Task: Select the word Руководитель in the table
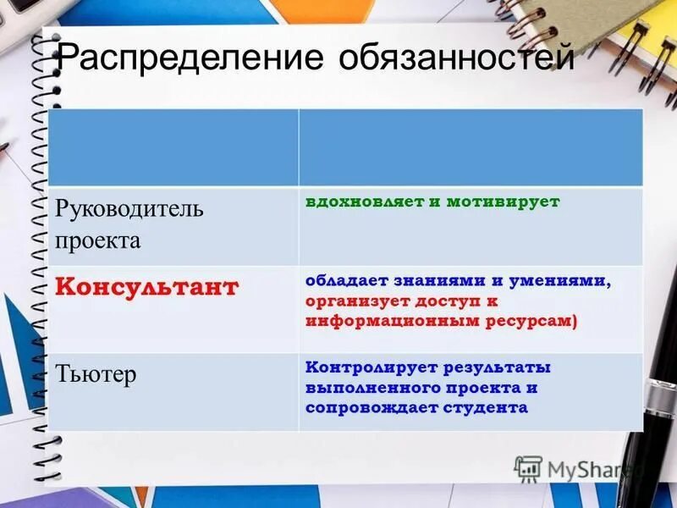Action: click(129, 209)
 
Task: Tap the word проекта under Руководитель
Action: click(98, 240)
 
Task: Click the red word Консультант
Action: click(147, 286)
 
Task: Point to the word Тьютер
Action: click(96, 374)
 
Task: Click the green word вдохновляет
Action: click(360, 202)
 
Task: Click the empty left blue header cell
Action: click(173, 146)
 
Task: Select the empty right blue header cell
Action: click(471, 146)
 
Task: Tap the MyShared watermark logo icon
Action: click(528, 468)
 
